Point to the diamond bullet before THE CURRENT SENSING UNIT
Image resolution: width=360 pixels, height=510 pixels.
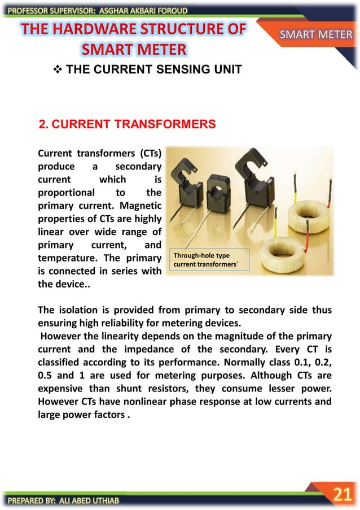coord(56,70)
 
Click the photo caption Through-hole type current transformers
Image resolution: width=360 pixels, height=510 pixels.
coord(208,260)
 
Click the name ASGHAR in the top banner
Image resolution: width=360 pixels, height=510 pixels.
coord(115,10)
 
